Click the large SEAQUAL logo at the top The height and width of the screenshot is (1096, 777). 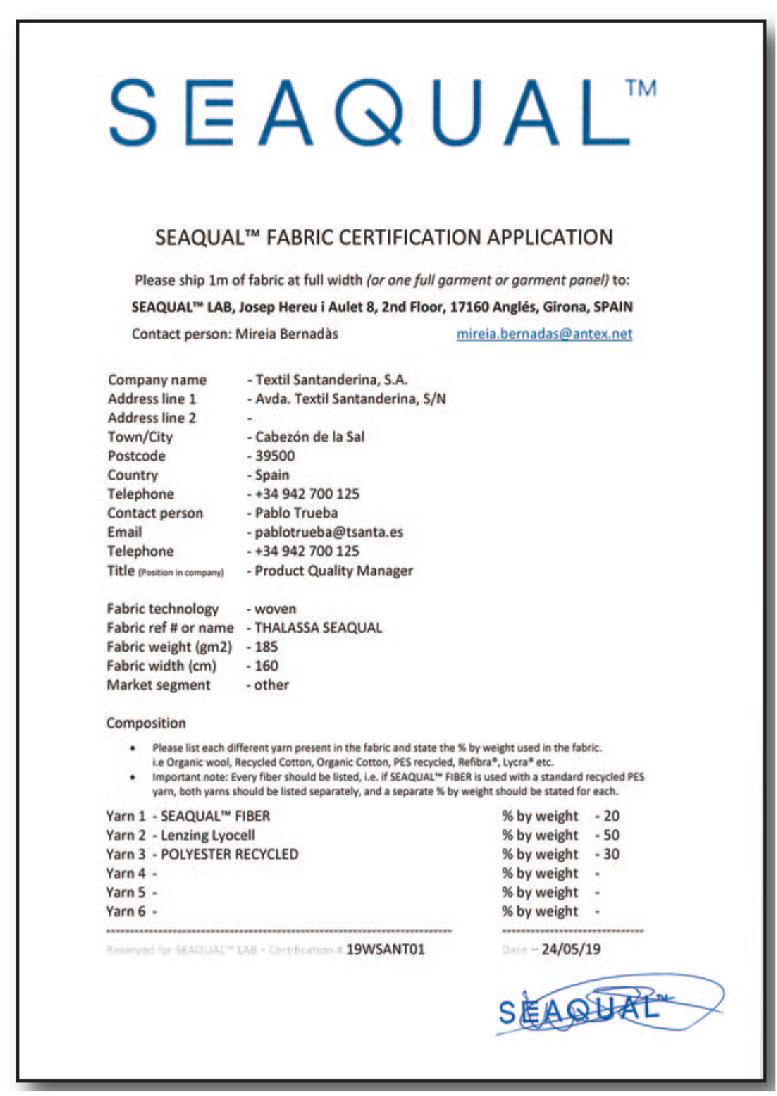(x=370, y=114)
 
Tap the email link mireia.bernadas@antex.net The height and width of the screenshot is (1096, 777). (x=544, y=334)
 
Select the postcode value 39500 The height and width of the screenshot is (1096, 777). (x=275, y=456)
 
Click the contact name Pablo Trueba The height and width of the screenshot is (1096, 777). (x=297, y=513)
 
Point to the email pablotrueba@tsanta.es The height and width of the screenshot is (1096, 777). (x=328, y=532)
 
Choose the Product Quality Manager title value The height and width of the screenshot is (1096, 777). (x=334, y=571)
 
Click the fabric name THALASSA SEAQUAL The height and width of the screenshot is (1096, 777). (x=318, y=628)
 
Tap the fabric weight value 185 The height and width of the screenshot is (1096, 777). (x=266, y=647)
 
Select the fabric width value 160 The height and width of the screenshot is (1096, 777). (x=266, y=666)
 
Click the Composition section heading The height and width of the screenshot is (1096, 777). (x=146, y=724)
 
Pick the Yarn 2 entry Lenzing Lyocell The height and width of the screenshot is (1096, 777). (x=208, y=836)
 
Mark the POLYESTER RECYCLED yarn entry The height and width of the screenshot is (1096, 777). (x=230, y=855)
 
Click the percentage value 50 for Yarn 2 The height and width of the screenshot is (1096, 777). (x=611, y=836)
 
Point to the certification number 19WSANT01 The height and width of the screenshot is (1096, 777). (x=386, y=950)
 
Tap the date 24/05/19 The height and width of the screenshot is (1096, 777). (x=571, y=950)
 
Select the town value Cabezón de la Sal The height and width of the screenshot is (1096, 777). (x=310, y=437)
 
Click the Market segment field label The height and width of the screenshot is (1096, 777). (x=159, y=685)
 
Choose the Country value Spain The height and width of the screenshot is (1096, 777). (x=272, y=475)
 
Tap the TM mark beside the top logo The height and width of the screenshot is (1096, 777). (x=641, y=88)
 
